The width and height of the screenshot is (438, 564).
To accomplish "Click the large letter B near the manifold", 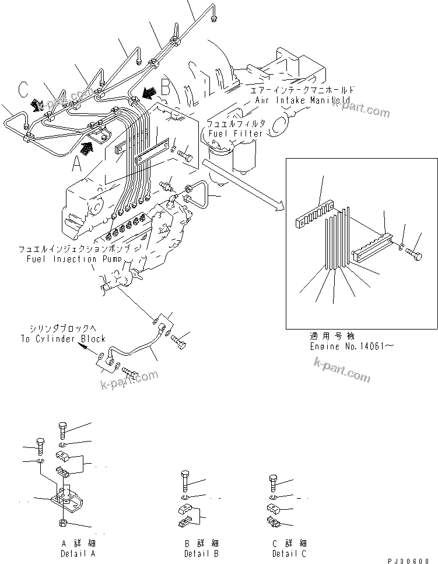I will (x=165, y=89).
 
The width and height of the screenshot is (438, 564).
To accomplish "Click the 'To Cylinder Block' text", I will (x=62, y=338).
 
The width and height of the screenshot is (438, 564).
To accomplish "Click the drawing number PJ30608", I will (x=412, y=559).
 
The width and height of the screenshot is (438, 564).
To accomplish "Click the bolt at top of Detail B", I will (x=184, y=482).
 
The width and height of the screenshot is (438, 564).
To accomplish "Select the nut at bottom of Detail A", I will (x=62, y=523).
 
